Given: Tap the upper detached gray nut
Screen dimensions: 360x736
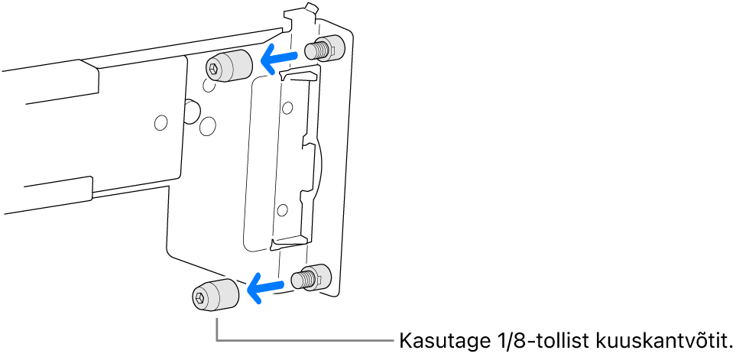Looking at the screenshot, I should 229,66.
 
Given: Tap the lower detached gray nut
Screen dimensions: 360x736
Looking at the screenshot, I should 215,294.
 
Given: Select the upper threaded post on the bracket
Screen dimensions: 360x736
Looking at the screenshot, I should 323,50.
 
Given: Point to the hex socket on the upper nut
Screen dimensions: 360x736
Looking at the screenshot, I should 213,70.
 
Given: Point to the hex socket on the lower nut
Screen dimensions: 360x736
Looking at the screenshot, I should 199,297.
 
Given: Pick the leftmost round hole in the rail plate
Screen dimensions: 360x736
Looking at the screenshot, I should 160,122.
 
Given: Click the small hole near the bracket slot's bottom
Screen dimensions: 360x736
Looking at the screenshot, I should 283,208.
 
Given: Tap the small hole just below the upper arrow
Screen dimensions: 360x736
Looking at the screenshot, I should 288,106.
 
